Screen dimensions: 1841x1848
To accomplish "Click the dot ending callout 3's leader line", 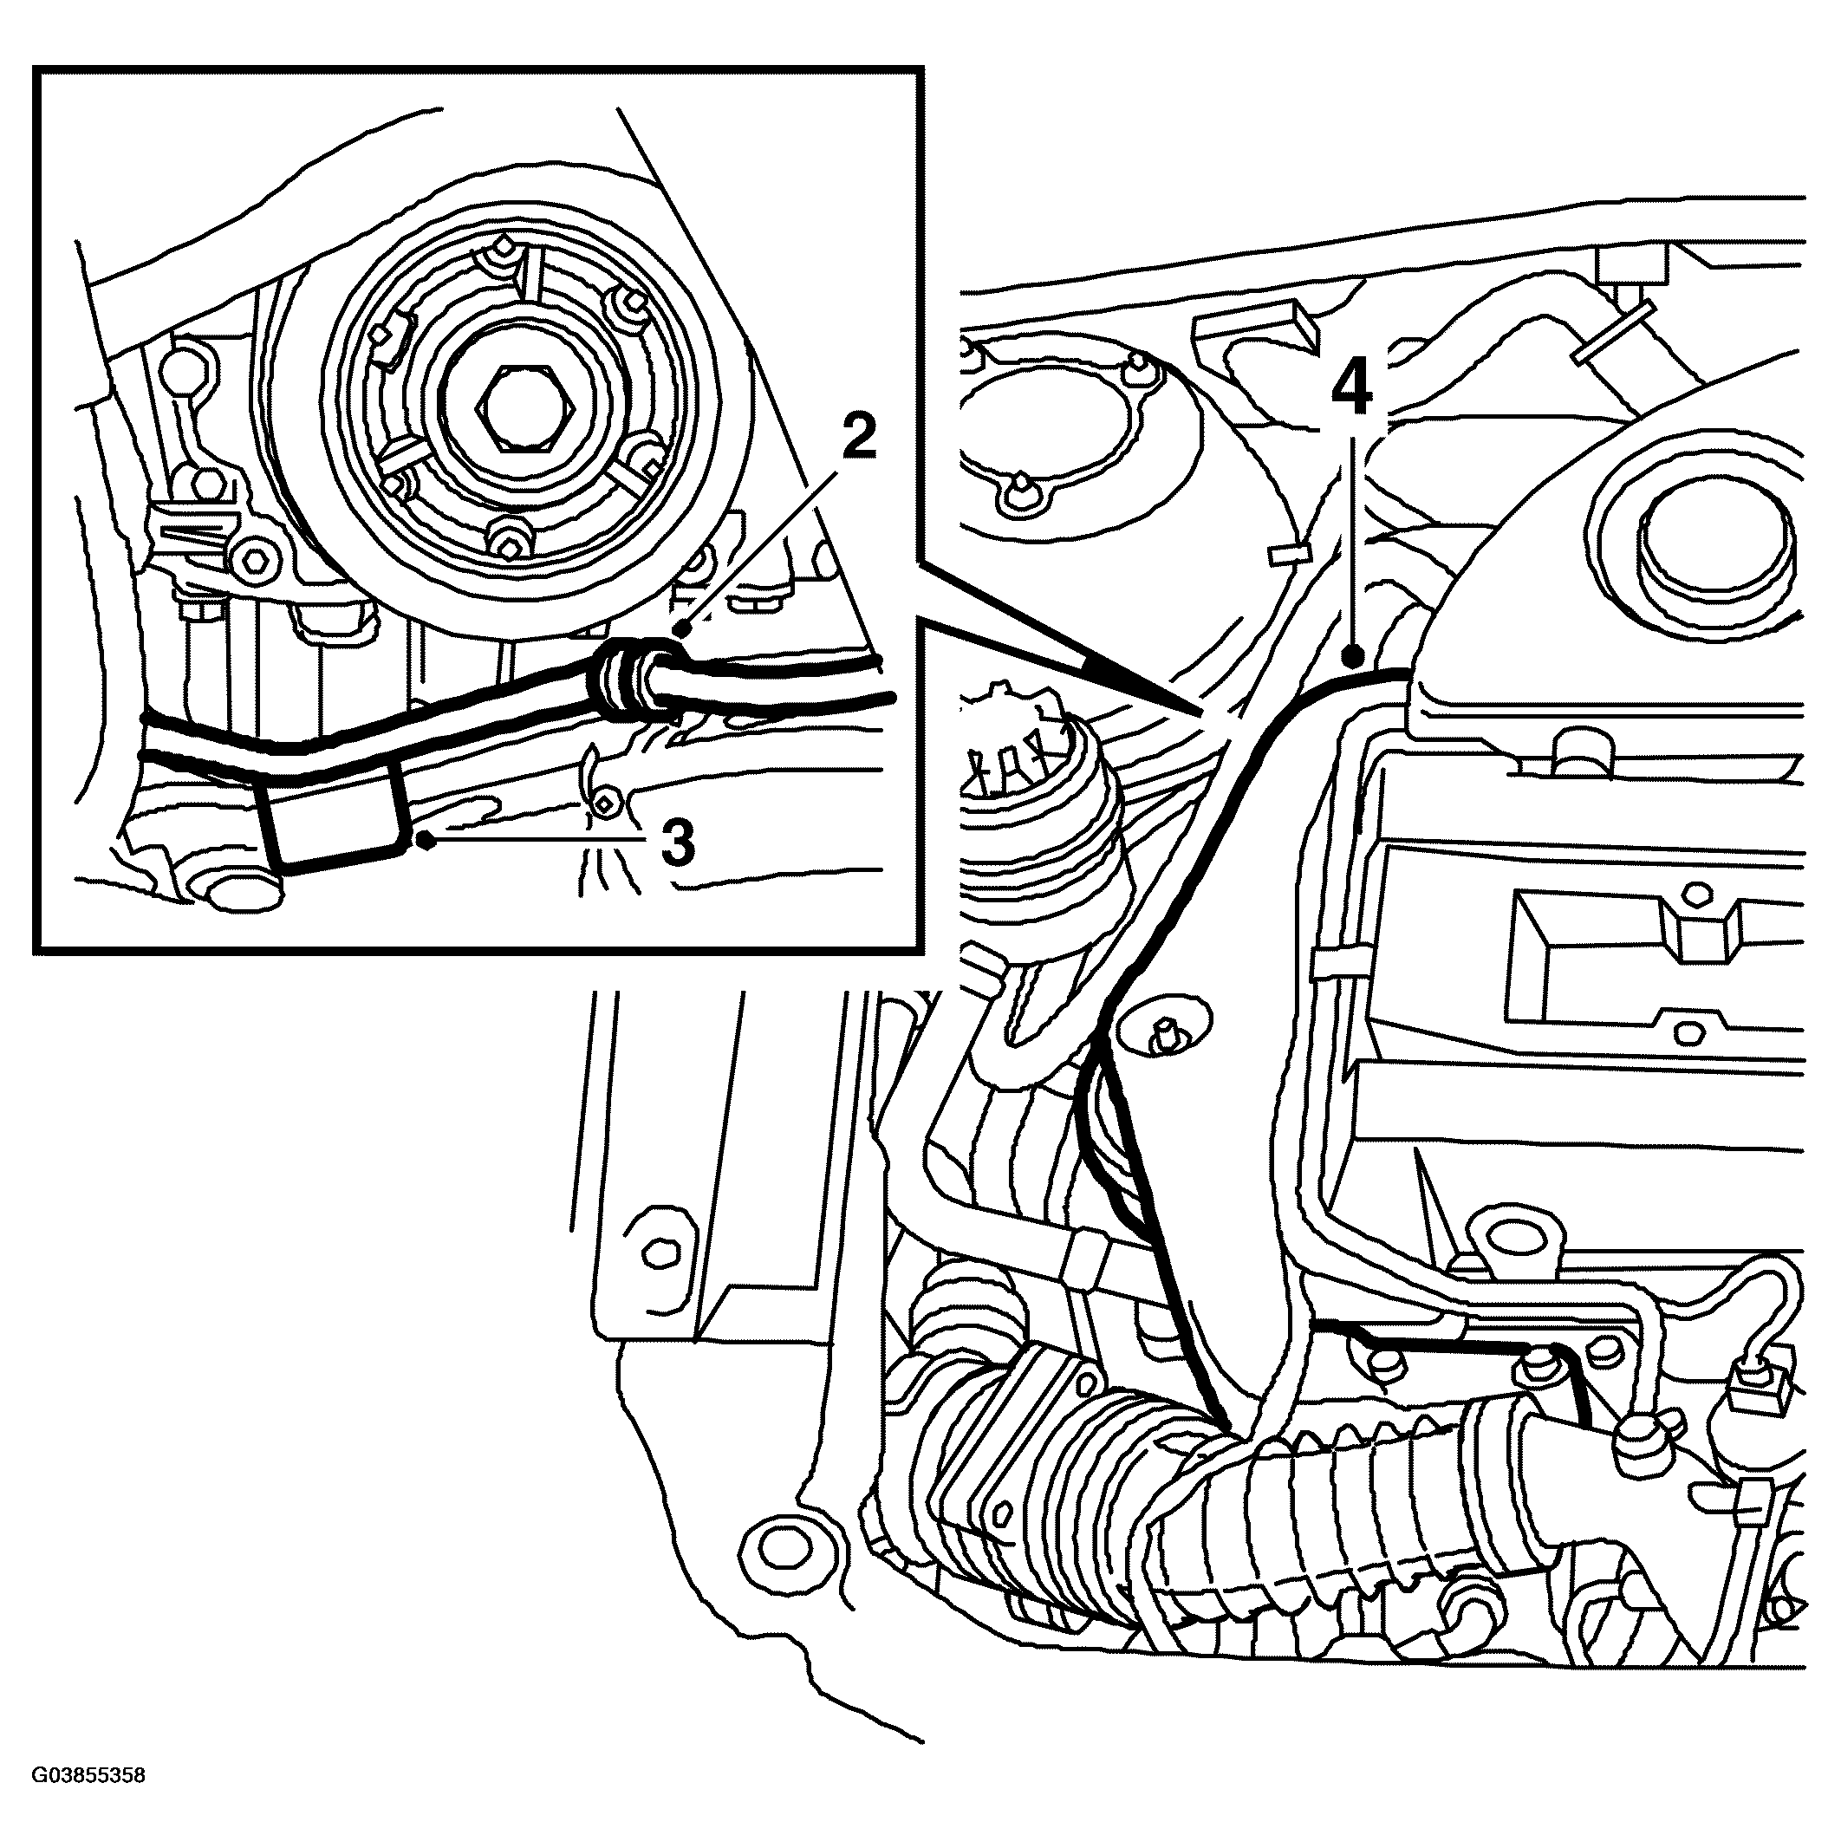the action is click(x=425, y=840).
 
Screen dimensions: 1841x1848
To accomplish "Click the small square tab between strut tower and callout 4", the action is click(x=1285, y=554).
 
